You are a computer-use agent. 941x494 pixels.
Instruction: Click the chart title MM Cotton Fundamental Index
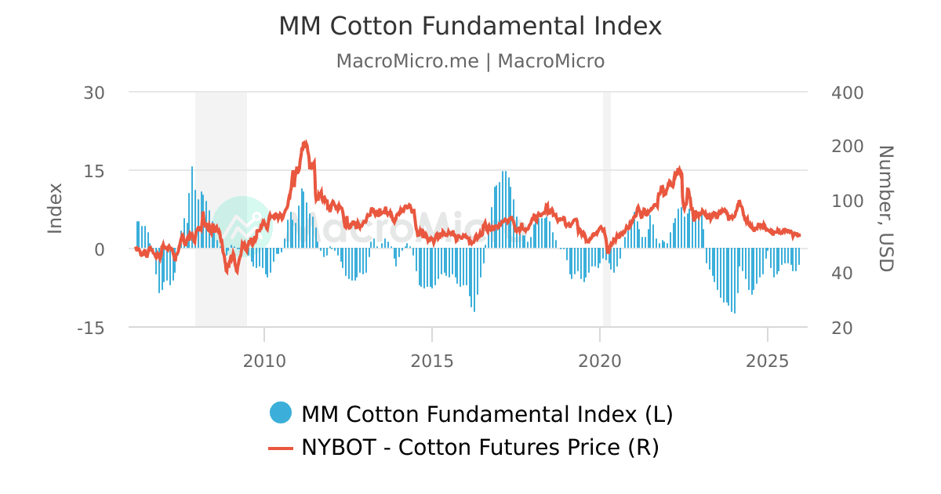pyautogui.click(x=470, y=27)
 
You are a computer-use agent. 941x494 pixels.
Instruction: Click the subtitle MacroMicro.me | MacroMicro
pyautogui.click(x=470, y=61)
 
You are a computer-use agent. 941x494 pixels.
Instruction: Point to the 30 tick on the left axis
pyautogui.click(x=94, y=93)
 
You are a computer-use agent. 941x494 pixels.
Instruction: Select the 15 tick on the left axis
pyautogui.click(x=94, y=171)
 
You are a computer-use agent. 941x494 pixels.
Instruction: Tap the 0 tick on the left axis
pyautogui.click(x=100, y=249)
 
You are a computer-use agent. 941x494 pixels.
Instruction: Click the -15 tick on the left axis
pyautogui.click(x=91, y=328)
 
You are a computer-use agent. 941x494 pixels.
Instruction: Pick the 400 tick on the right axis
pyautogui.click(x=847, y=93)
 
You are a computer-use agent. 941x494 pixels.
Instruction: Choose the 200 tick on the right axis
pyautogui.click(x=847, y=147)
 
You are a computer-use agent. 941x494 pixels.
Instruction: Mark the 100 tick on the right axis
pyautogui.click(x=847, y=201)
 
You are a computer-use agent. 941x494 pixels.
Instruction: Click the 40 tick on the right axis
pyautogui.click(x=841, y=273)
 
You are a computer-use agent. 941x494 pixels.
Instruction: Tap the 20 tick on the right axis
pyautogui.click(x=841, y=328)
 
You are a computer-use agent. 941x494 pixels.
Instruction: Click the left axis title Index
pyautogui.click(x=55, y=208)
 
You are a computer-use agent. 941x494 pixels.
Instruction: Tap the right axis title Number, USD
pyautogui.click(x=885, y=209)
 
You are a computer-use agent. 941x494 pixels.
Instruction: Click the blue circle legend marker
pyautogui.click(x=280, y=412)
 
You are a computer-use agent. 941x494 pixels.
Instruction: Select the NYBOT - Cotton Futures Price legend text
pyautogui.click(x=480, y=448)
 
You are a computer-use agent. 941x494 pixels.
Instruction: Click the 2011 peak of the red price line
pyautogui.click(x=305, y=142)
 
